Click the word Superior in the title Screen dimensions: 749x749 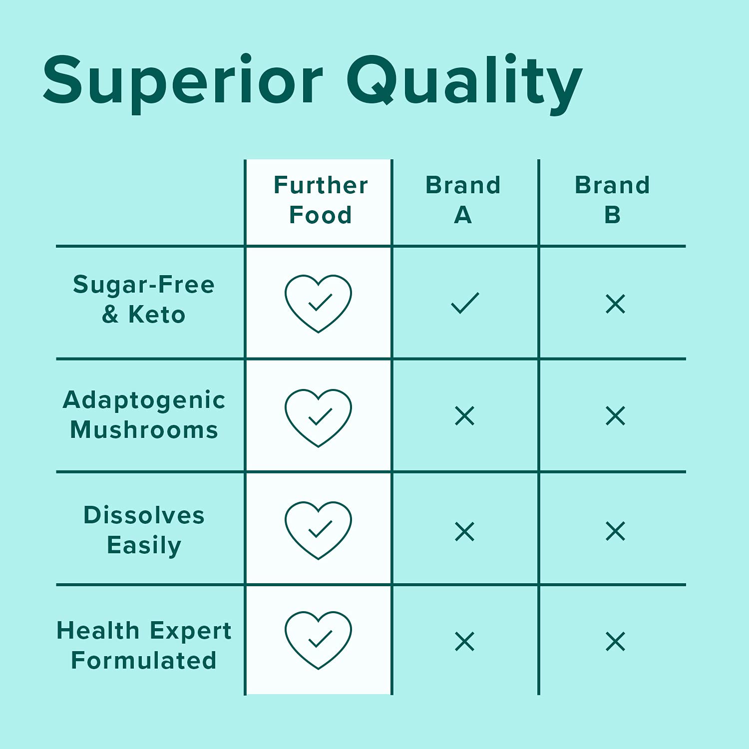coord(183,81)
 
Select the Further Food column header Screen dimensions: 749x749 coord(321,200)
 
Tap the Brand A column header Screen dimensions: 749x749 coord(463,200)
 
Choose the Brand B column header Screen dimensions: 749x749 coord(612,200)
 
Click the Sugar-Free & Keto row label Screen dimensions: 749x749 coord(144,300)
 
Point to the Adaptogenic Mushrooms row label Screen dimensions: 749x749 coord(144,414)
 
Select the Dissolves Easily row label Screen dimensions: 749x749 coord(144,530)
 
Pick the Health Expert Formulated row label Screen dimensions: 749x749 coord(144,645)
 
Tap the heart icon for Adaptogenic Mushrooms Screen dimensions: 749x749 coord(319,417)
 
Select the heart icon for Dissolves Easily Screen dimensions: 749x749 coord(319,530)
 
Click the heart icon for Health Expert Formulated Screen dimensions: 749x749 coord(319,640)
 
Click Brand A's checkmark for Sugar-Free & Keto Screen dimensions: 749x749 coord(465,303)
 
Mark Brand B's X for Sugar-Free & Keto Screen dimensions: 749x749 coord(615,304)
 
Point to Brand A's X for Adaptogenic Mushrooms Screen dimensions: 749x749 coord(465,416)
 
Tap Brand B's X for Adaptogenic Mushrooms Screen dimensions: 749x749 coord(615,416)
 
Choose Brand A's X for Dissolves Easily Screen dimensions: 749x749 coord(465,531)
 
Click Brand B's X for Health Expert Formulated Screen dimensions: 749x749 coord(615,642)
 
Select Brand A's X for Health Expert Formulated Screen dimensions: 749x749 coord(465,642)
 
